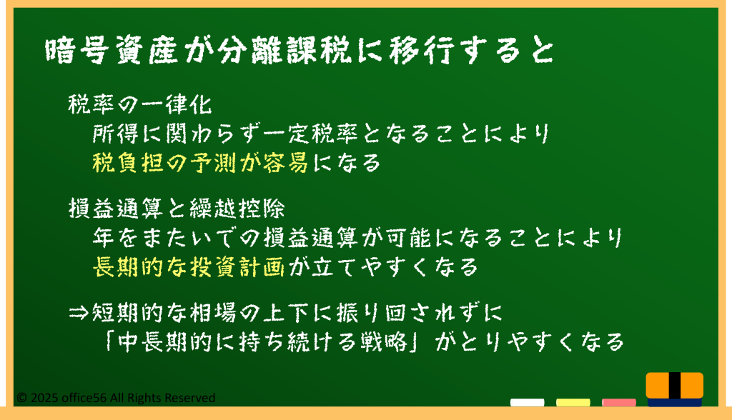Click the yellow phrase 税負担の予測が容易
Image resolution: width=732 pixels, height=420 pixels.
click(x=201, y=163)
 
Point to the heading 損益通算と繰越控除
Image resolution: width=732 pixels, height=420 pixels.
click(x=177, y=208)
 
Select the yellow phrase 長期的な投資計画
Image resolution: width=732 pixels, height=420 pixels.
click(x=189, y=267)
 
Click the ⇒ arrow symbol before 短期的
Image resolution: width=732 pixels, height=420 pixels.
click(x=79, y=313)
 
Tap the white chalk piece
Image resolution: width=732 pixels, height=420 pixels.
click(x=527, y=402)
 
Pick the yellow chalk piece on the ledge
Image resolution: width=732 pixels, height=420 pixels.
click(x=573, y=402)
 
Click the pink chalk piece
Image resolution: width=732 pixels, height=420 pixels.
click(x=618, y=402)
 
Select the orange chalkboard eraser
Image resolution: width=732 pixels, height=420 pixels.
click(x=675, y=389)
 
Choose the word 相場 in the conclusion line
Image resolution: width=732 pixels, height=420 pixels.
click(x=213, y=313)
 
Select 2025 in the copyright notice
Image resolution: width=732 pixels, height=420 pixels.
click(x=44, y=398)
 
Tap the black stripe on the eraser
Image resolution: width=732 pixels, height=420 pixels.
click(x=675, y=386)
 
